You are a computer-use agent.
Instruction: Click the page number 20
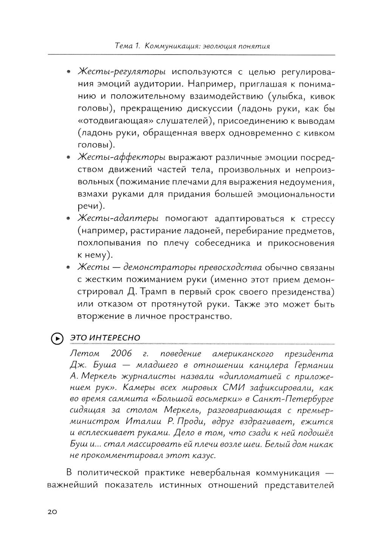tap(52, 512)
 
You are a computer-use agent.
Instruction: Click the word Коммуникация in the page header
tap(173, 47)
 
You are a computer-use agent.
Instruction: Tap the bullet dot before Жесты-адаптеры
tap(68, 219)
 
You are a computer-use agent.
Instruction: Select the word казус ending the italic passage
tap(204, 455)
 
